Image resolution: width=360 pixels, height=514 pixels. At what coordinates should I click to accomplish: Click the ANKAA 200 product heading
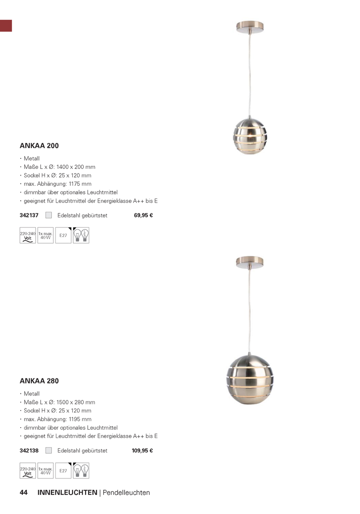pyautogui.click(x=39, y=146)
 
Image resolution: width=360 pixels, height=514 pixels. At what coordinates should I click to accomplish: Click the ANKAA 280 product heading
pyautogui.click(x=39, y=381)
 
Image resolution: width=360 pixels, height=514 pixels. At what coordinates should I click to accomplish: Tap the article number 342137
pyautogui.click(x=29, y=215)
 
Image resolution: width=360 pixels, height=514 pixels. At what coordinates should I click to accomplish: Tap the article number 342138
pyautogui.click(x=29, y=450)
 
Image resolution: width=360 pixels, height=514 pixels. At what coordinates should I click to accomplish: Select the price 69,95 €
pyautogui.click(x=143, y=215)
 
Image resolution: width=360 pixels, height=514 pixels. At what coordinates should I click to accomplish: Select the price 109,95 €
pyautogui.click(x=142, y=450)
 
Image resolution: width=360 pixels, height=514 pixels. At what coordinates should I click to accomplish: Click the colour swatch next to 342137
pyautogui.click(x=49, y=215)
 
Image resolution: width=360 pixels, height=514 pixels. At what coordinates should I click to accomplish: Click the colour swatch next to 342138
pyautogui.click(x=49, y=450)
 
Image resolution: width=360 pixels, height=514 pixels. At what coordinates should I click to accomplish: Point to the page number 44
pyautogui.click(x=24, y=492)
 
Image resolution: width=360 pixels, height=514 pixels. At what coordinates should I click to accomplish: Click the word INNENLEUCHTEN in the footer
pyautogui.click(x=67, y=492)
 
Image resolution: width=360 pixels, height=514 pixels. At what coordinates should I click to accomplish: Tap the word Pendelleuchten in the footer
pyautogui.click(x=126, y=492)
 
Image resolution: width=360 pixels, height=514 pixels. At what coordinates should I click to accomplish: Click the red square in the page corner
pyautogui.click(x=6, y=25)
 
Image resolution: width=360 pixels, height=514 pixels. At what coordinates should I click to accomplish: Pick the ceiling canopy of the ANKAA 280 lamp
pyautogui.click(x=249, y=262)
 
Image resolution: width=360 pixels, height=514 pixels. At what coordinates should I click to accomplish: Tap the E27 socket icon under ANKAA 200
pyautogui.click(x=63, y=235)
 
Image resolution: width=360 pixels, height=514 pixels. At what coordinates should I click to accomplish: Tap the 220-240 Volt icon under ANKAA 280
pyautogui.click(x=28, y=471)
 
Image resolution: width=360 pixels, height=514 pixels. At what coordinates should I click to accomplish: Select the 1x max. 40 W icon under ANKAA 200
pyautogui.click(x=45, y=235)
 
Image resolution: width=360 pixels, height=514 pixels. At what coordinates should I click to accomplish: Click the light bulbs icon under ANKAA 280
pyautogui.click(x=81, y=471)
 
